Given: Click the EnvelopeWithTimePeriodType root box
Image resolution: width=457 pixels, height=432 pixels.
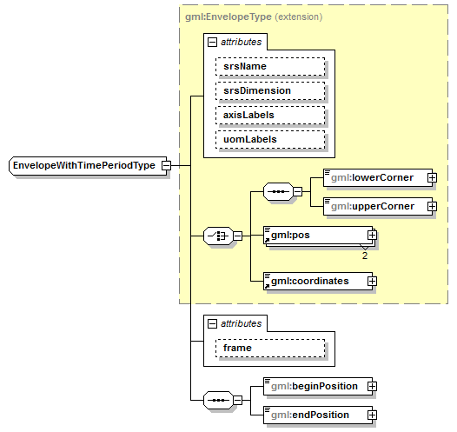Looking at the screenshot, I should (x=84, y=165).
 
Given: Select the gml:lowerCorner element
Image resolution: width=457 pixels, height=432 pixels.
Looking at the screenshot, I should (x=374, y=177).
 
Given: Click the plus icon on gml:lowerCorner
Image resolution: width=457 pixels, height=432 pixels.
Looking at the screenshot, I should (x=432, y=177).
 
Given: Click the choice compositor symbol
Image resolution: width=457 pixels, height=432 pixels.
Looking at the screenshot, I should (x=215, y=236).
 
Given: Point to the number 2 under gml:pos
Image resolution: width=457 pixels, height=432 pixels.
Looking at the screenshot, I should (x=365, y=256).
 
